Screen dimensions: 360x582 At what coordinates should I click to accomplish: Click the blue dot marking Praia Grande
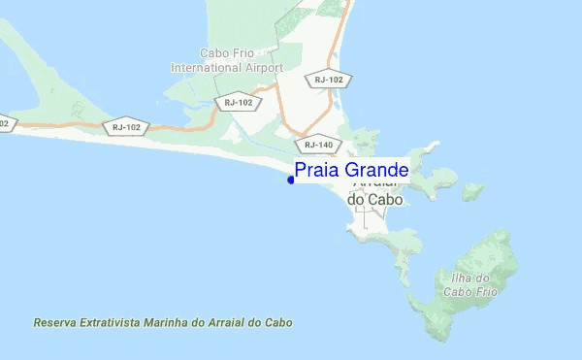click(x=291, y=179)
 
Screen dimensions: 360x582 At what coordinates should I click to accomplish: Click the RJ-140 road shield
click(x=318, y=145)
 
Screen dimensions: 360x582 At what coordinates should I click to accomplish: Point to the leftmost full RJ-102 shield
click(x=127, y=126)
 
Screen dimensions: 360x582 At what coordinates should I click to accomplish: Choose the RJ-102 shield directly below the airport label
click(x=238, y=102)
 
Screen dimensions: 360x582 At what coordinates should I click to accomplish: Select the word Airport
click(x=264, y=69)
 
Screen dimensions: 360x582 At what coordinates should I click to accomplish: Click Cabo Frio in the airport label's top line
click(x=226, y=54)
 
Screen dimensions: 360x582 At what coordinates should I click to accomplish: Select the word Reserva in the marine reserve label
click(x=54, y=322)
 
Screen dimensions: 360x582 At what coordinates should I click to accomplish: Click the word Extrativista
click(x=112, y=322)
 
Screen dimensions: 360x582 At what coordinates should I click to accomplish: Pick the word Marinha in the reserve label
click(x=169, y=322)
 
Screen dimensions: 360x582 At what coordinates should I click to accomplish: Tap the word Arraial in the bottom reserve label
click(x=233, y=322)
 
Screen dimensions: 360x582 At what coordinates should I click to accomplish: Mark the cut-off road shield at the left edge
click(x=5, y=123)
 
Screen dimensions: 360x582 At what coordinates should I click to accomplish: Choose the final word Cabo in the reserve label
click(x=279, y=322)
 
